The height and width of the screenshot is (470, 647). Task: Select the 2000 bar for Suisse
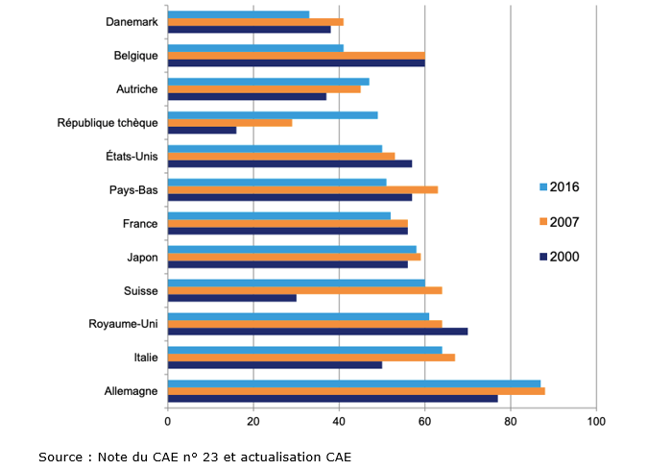231,298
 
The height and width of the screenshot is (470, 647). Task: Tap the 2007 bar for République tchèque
229,122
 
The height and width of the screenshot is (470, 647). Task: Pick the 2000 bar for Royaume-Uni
317,332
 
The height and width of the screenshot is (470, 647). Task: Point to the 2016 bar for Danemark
238,14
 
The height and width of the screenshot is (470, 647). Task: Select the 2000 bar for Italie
275,365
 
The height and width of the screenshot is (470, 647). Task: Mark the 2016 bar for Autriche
268,82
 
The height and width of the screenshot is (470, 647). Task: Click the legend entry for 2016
563,186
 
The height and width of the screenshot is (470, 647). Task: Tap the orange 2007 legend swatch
543,222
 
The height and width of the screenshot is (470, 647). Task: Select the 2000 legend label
564,257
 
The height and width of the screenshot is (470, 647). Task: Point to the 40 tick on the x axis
339,421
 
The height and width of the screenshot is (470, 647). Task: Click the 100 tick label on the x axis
596,421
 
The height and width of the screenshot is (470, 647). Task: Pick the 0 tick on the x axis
168,421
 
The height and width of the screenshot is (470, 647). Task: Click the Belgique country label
134,55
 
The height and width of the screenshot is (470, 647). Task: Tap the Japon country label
142,257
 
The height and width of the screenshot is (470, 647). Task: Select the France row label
140,223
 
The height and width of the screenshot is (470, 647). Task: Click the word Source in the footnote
60,457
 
